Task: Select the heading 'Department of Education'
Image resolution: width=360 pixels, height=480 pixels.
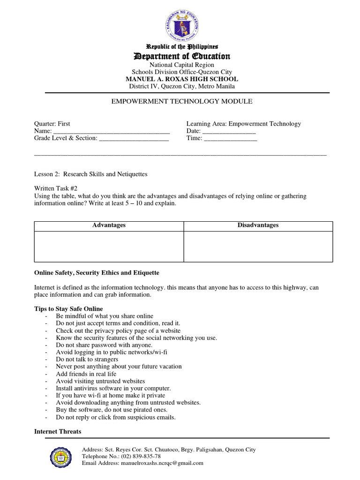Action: pyautogui.click(x=182, y=56)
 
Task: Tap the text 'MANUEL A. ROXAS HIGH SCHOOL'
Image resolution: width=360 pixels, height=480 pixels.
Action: pyautogui.click(x=182, y=79)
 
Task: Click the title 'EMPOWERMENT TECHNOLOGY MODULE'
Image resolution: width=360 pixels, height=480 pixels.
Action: pyautogui.click(x=182, y=101)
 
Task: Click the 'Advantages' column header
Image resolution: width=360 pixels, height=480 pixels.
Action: pyautogui.click(x=109, y=225)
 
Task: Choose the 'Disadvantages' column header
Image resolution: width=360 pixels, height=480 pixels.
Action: pyautogui.click(x=258, y=225)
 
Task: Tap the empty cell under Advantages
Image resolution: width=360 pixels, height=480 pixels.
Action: pyautogui.click(x=109, y=246)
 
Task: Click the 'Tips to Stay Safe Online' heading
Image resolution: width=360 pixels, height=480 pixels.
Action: pyautogui.click(x=68, y=309)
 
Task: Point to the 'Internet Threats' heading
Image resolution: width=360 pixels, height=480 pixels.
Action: pyautogui.click(x=58, y=431)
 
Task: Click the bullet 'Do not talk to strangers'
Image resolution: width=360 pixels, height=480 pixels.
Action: pyautogui.click(x=87, y=360)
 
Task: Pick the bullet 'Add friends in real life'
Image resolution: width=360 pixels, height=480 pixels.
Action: pyautogui.click(x=86, y=374)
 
